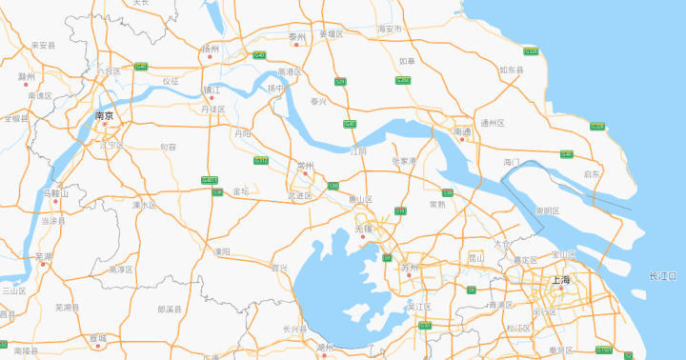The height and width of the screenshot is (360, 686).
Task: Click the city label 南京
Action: click(x=104, y=115)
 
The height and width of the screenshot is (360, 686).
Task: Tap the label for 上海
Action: click(x=560, y=279)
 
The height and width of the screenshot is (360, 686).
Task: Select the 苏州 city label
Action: click(x=410, y=269)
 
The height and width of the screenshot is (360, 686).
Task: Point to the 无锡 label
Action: click(x=364, y=230)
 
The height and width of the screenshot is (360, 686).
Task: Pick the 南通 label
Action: click(x=462, y=131)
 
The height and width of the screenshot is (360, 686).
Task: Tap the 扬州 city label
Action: click(x=210, y=49)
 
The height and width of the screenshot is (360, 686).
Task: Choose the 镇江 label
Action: click(x=211, y=90)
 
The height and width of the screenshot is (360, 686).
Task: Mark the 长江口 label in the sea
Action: click(x=662, y=276)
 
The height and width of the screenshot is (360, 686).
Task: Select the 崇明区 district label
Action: click(x=547, y=209)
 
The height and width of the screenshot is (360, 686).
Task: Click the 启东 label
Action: click(x=593, y=174)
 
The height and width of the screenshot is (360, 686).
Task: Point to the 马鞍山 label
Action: click(x=55, y=193)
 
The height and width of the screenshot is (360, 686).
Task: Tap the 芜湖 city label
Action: click(x=44, y=257)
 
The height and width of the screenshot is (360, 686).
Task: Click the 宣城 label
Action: click(x=98, y=338)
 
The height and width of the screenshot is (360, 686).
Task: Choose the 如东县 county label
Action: click(x=511, y=70)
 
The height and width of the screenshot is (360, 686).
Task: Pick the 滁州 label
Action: click(x=26, y=76)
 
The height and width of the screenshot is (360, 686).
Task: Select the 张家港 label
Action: click(x=404, y=161)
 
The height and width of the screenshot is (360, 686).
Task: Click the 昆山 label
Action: click(x=476, y=257)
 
